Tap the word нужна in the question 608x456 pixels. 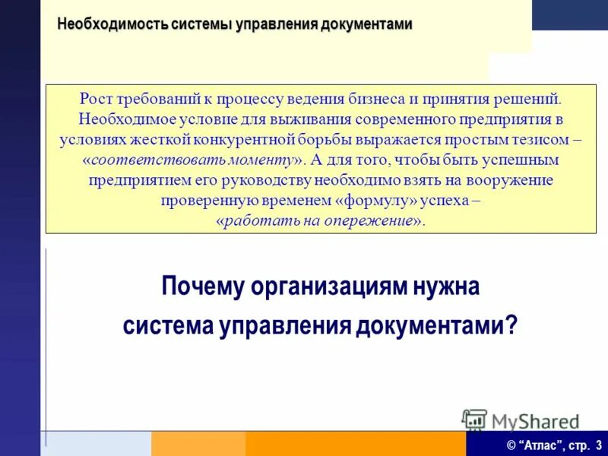[x=449, y=288]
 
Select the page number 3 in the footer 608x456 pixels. [x=599, y=445]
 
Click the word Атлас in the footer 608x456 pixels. [x=540, y=445]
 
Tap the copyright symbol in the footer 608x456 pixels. [x=512, y=445]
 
